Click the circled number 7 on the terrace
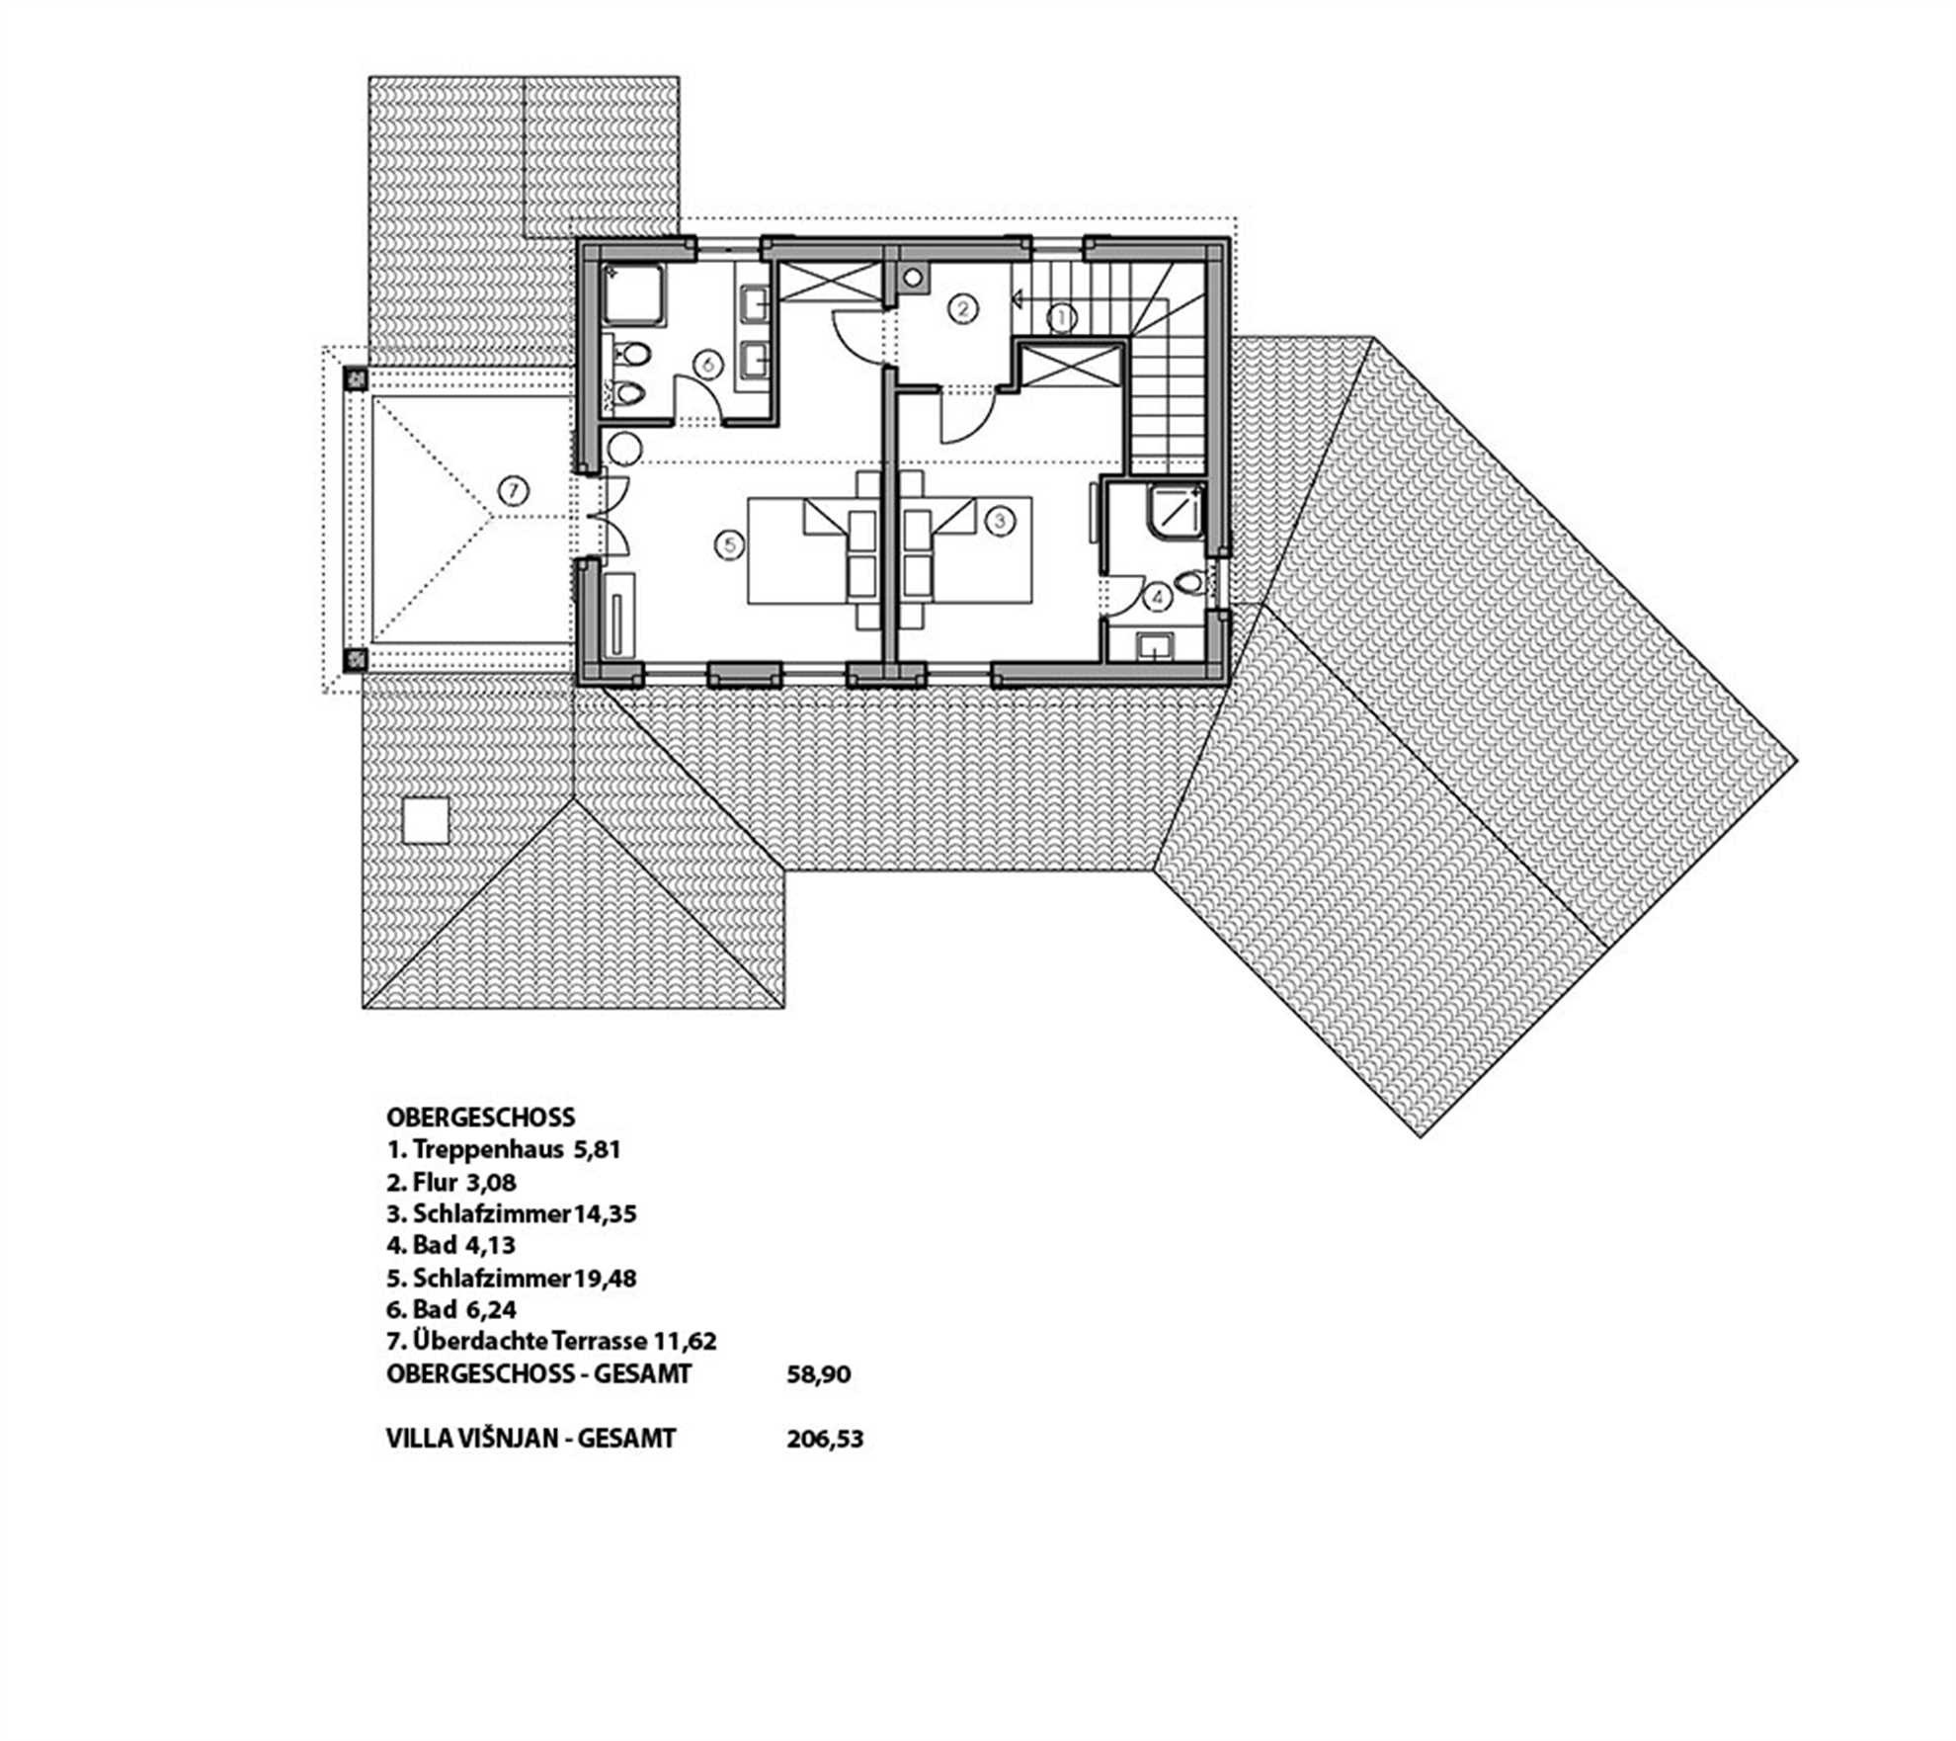click(514, 491)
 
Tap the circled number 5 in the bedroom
click(730, 544)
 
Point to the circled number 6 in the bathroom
click(708, 365)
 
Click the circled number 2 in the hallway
click(962, 309)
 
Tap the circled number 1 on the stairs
click(1062, 317)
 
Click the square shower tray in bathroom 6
click(634, 295)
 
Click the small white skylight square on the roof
click(426, 819)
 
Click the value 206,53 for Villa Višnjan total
click(825, 1439)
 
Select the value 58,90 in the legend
click(818, 1374)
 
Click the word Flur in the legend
click(436, 1183)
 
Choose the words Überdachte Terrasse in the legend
click(529, 1342)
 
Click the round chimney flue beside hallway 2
click(914, 279)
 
